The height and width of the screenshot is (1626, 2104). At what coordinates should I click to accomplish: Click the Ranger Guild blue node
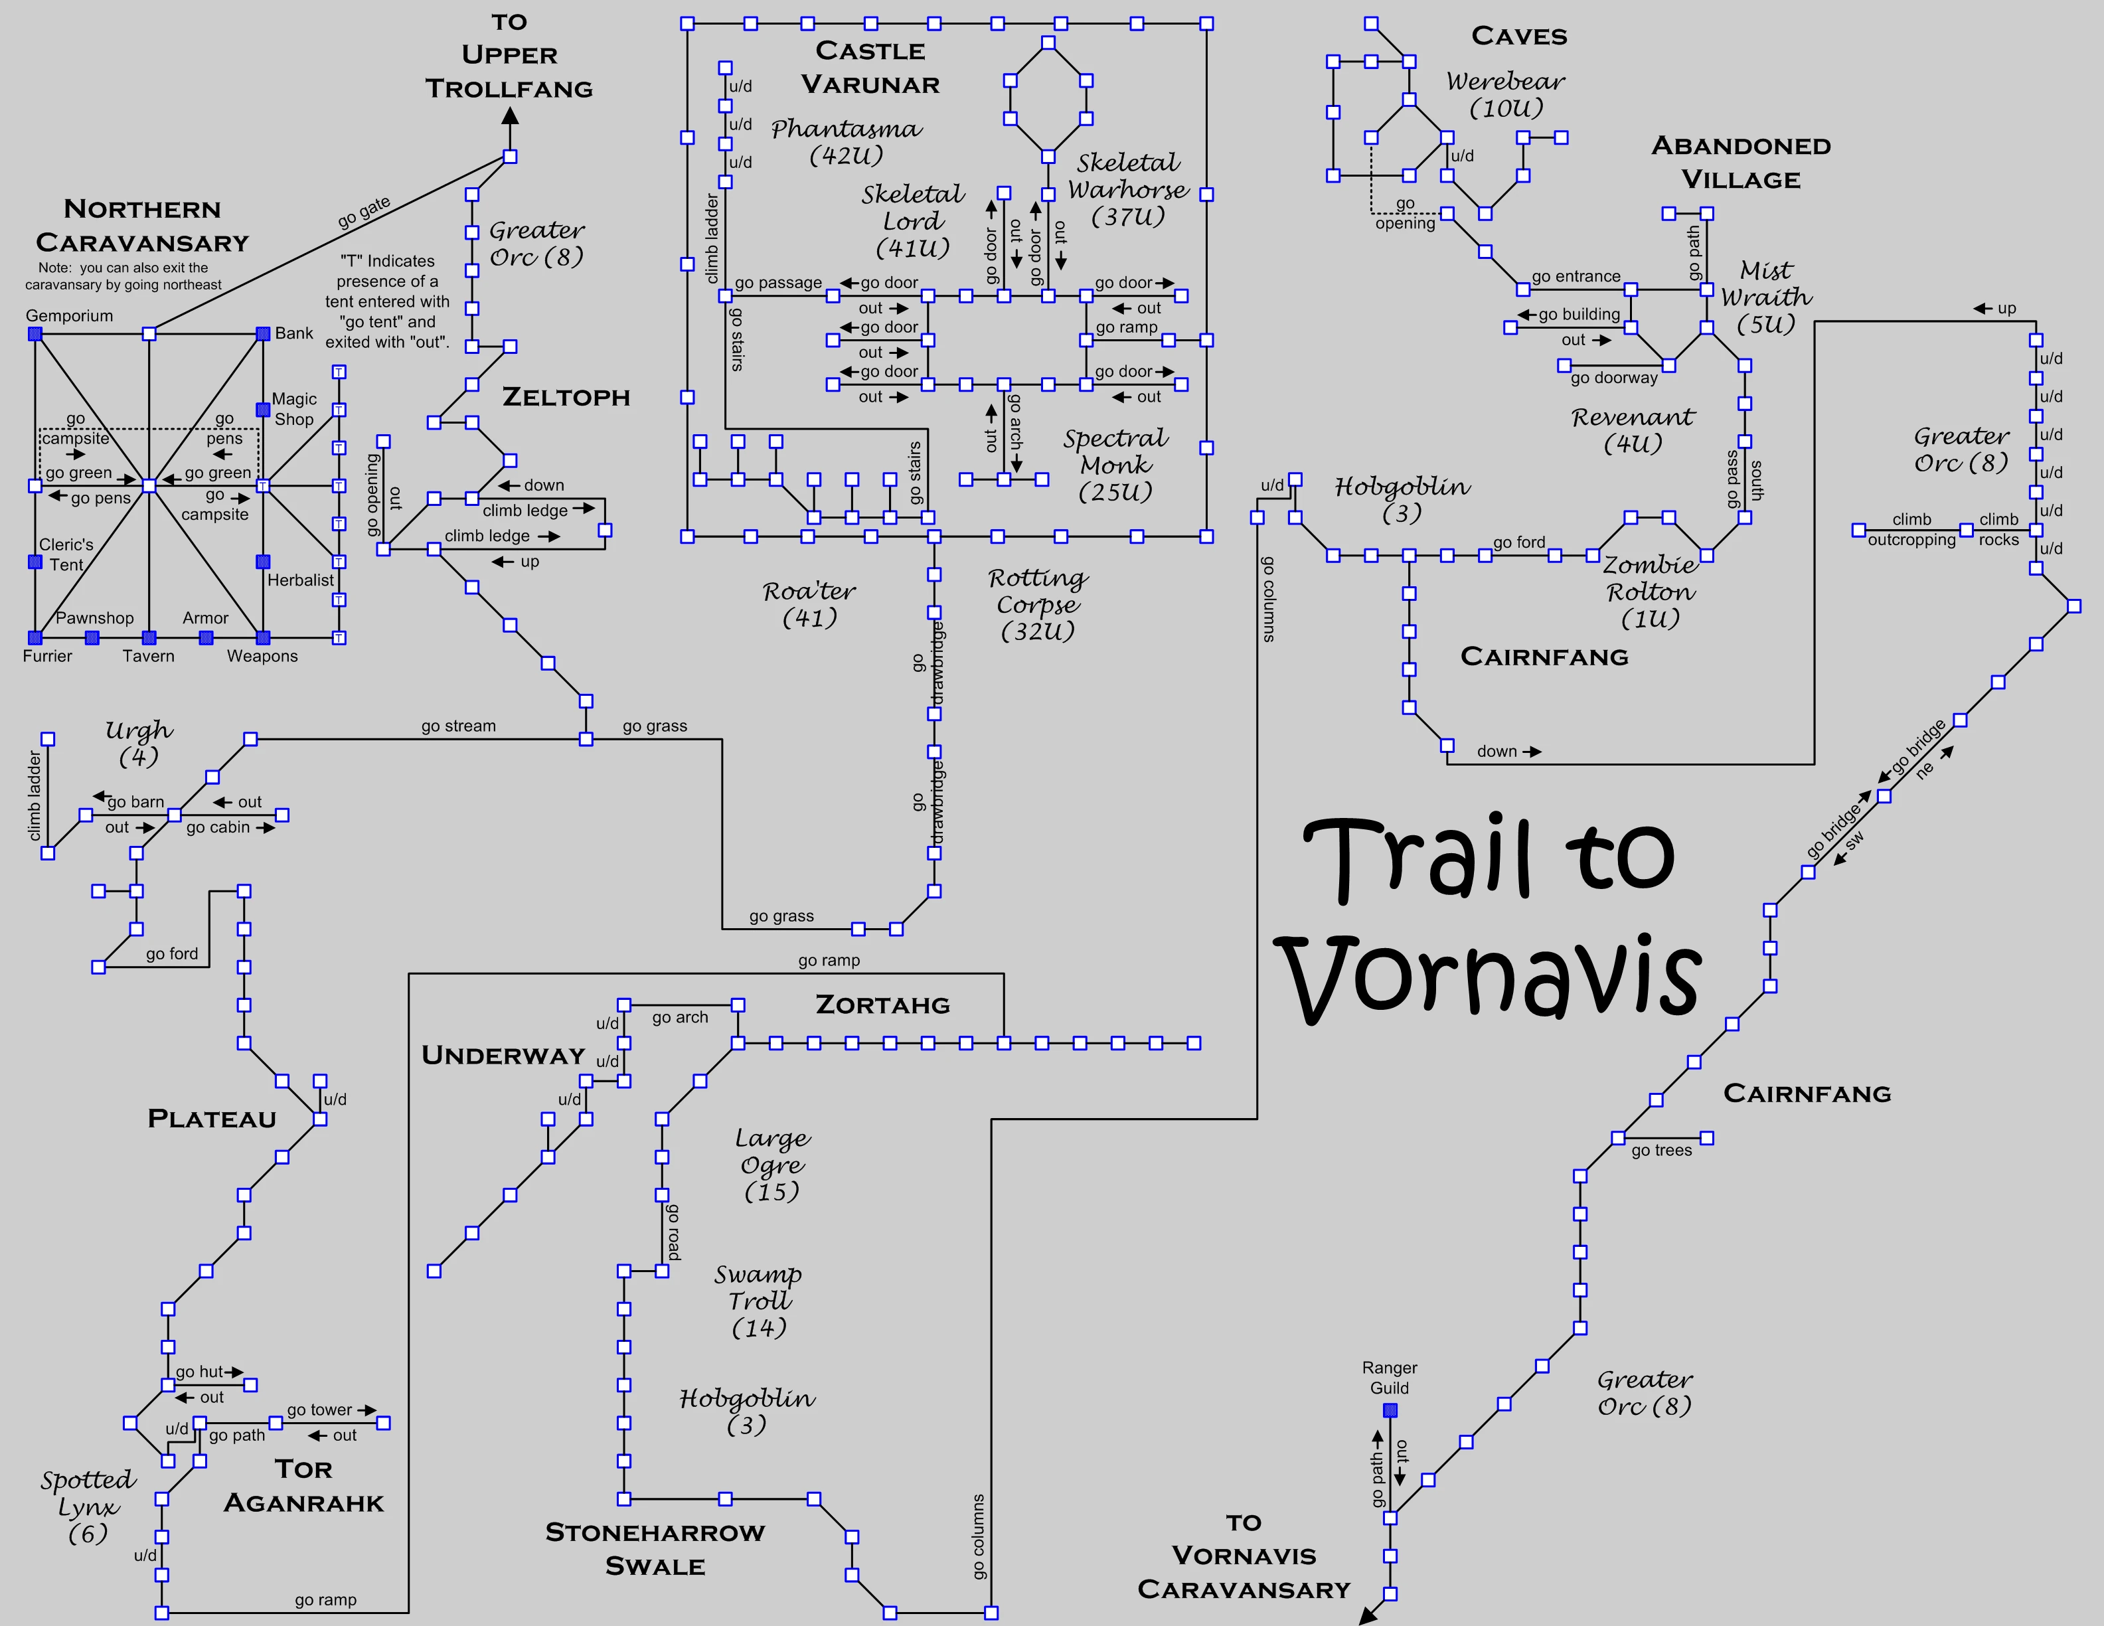1390,1410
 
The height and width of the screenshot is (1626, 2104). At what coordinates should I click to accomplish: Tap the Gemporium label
69,316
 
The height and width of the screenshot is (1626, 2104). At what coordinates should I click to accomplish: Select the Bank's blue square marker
263,334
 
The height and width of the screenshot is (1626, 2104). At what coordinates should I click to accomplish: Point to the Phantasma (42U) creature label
846,141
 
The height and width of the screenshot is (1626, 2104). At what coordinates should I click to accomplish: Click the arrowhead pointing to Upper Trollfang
511,117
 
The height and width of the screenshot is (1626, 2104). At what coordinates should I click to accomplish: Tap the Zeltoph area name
566,397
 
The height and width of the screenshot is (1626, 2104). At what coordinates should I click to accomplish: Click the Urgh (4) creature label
139,743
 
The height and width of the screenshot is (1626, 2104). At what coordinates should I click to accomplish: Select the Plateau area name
212,1118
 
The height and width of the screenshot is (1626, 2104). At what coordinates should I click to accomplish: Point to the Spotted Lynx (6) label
88,1506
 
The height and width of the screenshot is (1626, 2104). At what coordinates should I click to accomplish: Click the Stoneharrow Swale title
655,1549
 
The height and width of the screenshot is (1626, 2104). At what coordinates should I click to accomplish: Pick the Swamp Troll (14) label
758,1301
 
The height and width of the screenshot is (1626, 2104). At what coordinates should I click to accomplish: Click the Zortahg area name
882,1005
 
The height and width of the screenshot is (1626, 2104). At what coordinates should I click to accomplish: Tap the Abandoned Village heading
1741,163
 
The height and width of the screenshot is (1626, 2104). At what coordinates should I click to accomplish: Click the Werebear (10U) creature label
1506,94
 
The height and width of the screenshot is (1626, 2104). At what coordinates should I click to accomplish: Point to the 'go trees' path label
1662,1150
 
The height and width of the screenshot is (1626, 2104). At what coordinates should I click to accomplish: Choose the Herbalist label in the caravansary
301,580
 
